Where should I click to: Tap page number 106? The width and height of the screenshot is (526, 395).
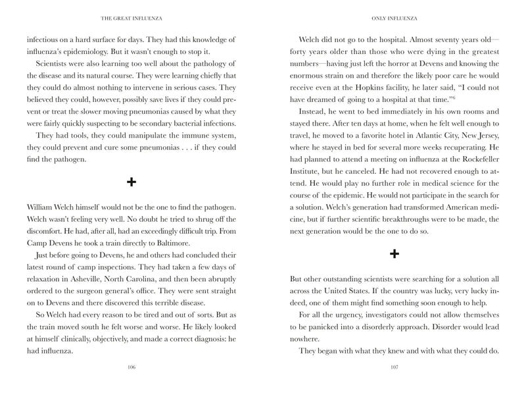pos(133,367)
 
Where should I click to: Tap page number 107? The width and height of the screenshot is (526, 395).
pos(393,367)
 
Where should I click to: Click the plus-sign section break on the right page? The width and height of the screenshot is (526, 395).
pos(393,254)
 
